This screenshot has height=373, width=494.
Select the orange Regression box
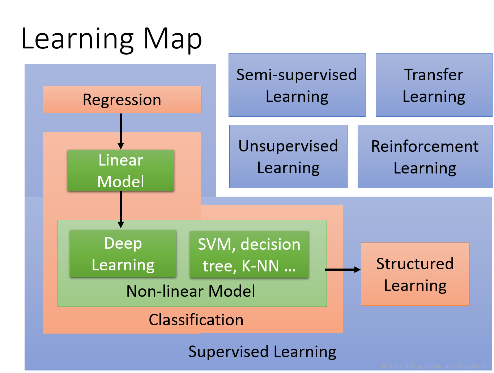pyautogui.click(x=122, y=99)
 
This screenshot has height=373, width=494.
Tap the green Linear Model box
pyautogui.click(x=121, y=170)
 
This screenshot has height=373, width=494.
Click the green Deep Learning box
pyautogui.click(x=123, y=253)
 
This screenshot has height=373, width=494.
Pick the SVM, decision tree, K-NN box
pyautogui.click(x=249, y=254)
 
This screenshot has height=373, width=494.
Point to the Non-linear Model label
pyautogui.click(x=191, y=291)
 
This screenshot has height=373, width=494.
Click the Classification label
pyautogui.click(x=196, y=320)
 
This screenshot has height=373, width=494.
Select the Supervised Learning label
pyautogui.click(x=262, y=352)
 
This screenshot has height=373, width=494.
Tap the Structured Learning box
pyautogui.click(x=415, y=274)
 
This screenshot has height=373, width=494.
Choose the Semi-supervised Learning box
pyautogui.click(x=297, y=85)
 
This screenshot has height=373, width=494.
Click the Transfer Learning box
pyautogui.click(x=434, y=85)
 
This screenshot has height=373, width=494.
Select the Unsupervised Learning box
pyautogui.click(x=288, y=157)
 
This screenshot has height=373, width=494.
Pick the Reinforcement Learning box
pyautogui.click(x=425, y=157)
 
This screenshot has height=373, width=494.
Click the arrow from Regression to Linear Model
pyautogui.click(x=121, y=131)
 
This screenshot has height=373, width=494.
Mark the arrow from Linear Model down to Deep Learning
pyautogui.click(x=121, y=210)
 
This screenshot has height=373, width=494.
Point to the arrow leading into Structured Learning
pyautogui.click(x=342, y=269)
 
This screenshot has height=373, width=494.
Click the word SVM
pyautogui.click(x=217, y=244)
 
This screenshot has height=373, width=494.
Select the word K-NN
pyautogui.click(x=260, y=266)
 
